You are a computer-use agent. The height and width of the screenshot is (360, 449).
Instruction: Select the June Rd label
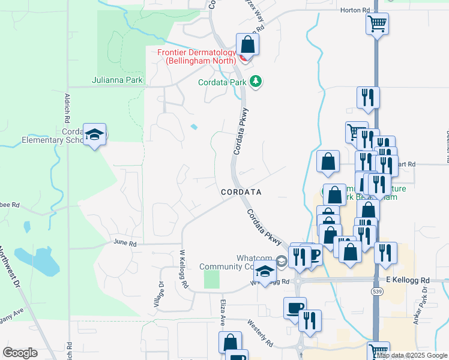125,244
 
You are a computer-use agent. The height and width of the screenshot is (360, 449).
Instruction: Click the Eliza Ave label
221,314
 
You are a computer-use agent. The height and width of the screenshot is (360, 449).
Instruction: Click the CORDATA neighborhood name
241,192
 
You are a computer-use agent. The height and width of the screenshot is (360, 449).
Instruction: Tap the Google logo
20,353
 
